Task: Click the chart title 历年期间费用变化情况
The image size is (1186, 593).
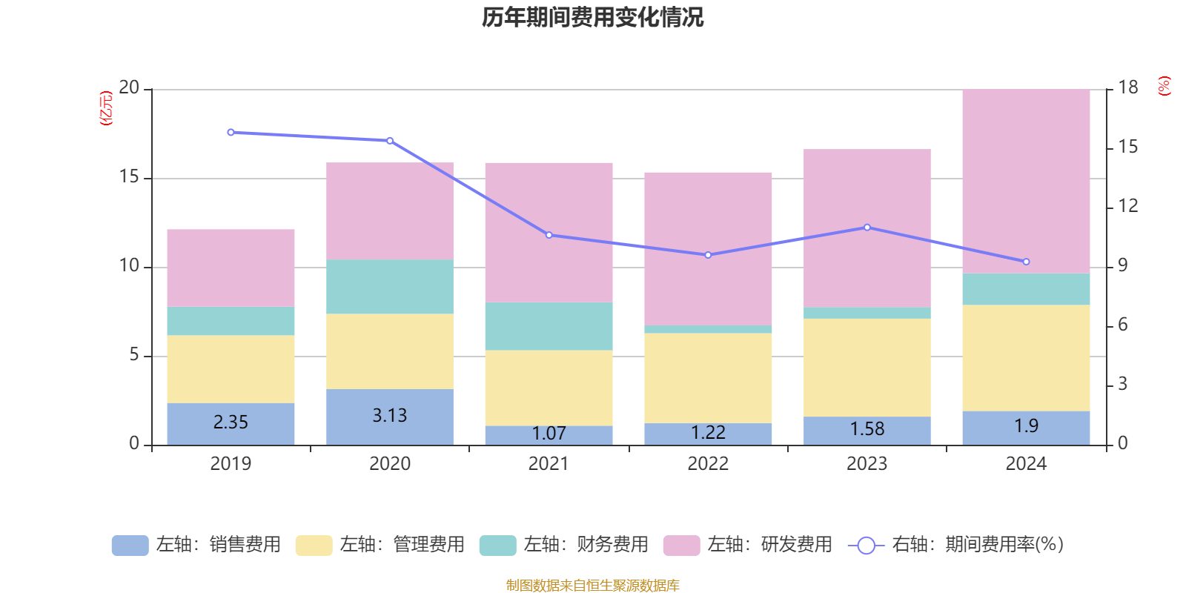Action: pos(592,17)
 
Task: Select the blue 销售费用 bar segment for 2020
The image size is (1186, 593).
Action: pos(390,417)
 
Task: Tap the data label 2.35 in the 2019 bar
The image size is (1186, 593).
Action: pos(231,423)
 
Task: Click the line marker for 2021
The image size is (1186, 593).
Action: pos(549,235)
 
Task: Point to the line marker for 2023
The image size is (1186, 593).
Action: pos(867,228)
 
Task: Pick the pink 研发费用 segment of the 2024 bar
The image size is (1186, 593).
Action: pos(1026,182)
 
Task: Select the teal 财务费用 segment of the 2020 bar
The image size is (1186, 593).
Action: pos(390,287)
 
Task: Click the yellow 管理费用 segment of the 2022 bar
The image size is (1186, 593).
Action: pos(708,378)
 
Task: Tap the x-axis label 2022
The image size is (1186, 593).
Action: pos(708,464)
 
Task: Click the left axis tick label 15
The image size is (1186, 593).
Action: pos(129,177)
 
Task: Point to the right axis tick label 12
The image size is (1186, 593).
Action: pos(1128,206)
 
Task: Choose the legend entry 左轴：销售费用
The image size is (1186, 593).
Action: pos(197,545)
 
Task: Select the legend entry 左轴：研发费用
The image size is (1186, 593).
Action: pos(749,545)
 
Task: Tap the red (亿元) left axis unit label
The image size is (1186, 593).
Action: pos(106,108)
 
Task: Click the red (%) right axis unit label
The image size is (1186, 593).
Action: pos(1165,85)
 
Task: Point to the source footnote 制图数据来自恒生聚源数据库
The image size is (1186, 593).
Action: pos(592,586)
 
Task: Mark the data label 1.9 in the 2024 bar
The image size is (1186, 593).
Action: pos(1026,426)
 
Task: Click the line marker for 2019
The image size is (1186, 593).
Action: pos(231,133)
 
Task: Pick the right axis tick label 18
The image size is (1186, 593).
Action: pos(1128,87)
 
